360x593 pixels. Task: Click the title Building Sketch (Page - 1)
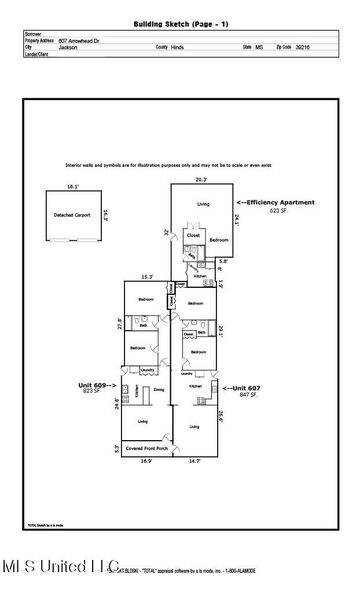[181, 24]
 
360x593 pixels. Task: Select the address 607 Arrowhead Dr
[79, 41]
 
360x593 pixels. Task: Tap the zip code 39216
[302, 47]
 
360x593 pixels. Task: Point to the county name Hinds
[177, 47]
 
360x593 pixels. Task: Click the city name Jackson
[68, 47]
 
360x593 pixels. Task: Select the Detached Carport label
[72, 215]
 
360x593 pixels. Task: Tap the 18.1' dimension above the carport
[73, 187]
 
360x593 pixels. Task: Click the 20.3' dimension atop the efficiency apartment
[201, 180]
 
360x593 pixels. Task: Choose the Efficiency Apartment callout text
[275, 203]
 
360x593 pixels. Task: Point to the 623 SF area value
[278, 211]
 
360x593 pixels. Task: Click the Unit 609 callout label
[97, 385]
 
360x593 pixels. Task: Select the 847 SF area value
[249, 394]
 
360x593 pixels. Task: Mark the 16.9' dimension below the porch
[147, 463]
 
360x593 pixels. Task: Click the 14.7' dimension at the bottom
[196, 463]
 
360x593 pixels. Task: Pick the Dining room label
[159, 390]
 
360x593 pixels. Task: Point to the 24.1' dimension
[237, 219]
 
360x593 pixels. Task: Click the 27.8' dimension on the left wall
[120, 323]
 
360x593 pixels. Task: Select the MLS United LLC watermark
[61, 566]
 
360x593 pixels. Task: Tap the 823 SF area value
[91, 391]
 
